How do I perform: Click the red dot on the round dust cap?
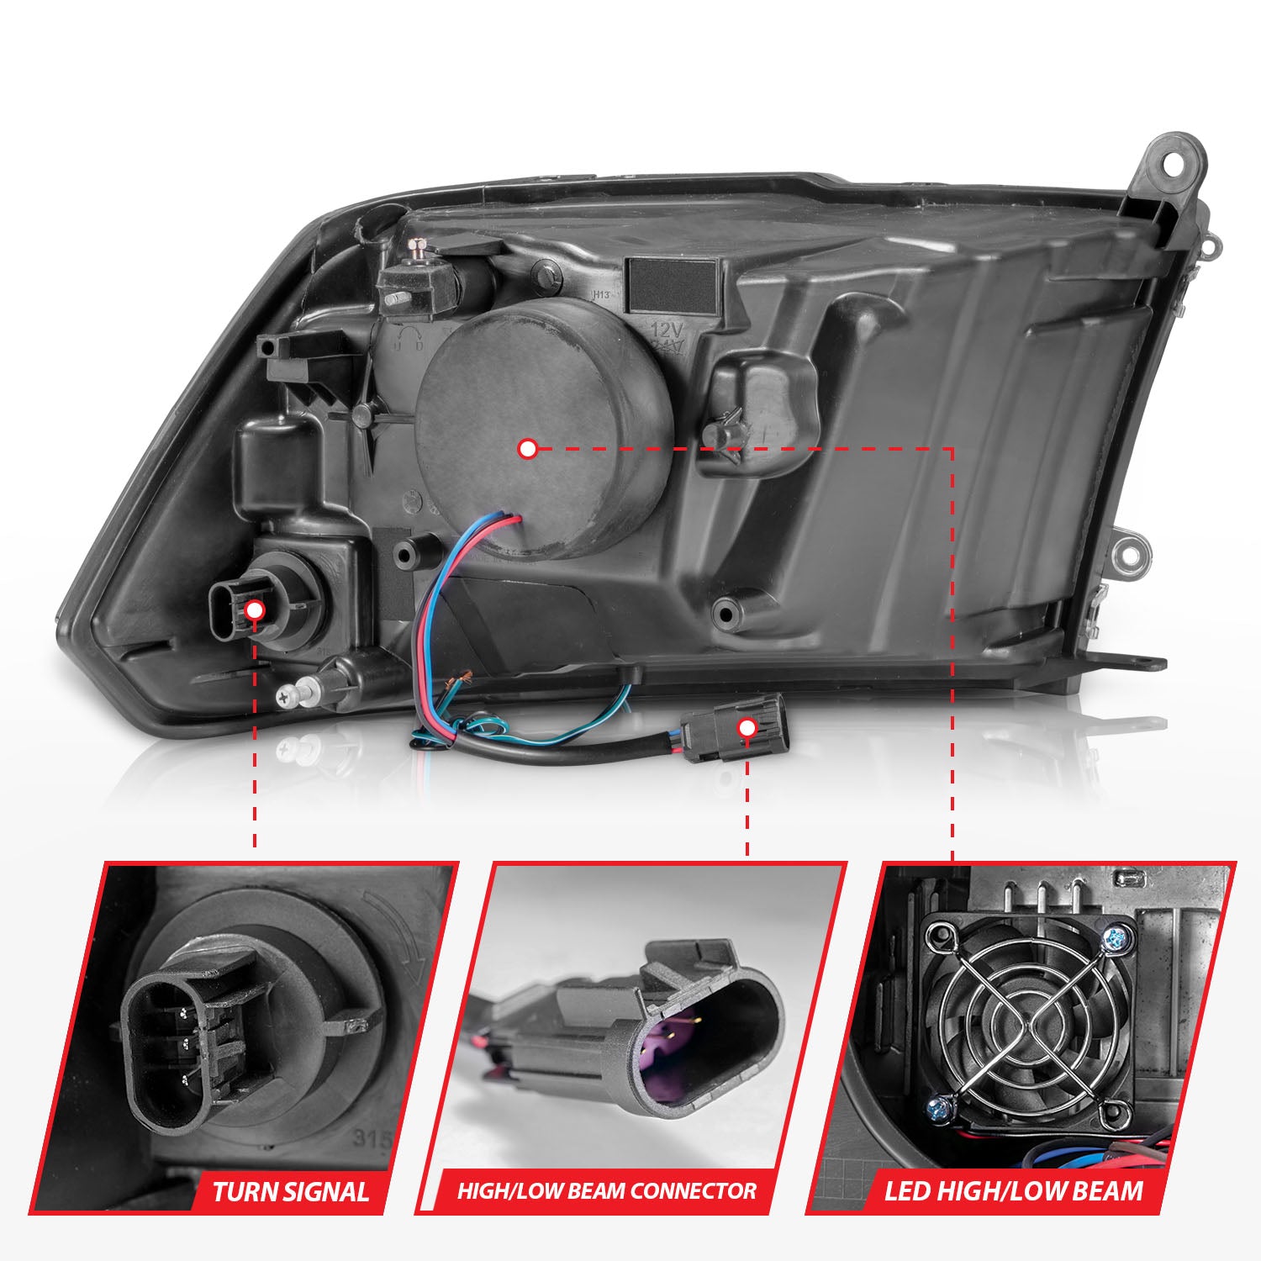point(528,449)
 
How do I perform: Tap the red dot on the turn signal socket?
point(256,610)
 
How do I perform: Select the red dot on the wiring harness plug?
point(747,729)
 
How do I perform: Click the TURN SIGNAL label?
point(290,1191)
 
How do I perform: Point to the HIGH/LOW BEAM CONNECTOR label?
point(606,1190)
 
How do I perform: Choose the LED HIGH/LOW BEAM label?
point(1013,1190)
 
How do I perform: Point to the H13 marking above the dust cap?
point(600,294)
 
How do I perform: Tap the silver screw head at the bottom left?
point(286,694)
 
